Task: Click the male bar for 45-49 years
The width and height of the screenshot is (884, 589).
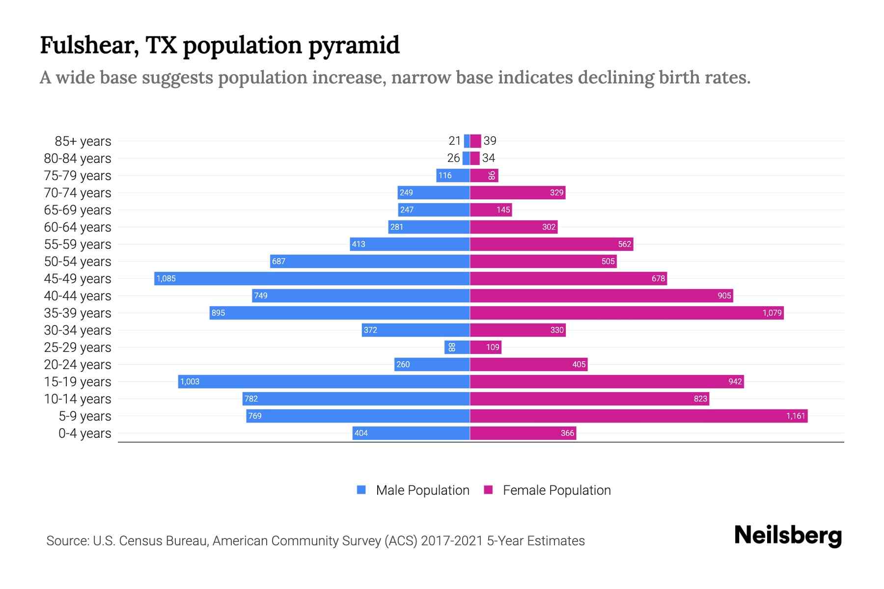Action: (312, 278)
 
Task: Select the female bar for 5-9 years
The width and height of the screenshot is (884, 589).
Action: (638, 416)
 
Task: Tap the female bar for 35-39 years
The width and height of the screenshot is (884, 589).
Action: (627, 313)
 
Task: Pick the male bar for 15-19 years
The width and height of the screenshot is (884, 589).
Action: (324, 381)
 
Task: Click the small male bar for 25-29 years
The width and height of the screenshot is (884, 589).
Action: (457, 347)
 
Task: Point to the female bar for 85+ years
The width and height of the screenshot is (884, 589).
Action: (475, 141)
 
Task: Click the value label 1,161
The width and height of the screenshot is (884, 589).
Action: (796, 416)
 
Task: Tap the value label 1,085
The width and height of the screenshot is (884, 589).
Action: (166, 278)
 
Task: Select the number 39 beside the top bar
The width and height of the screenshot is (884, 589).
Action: (490, 141)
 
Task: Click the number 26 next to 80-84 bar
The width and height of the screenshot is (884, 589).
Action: (453, 158)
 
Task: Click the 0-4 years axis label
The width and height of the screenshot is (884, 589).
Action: (84, 433)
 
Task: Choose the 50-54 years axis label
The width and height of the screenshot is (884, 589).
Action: (78, 262)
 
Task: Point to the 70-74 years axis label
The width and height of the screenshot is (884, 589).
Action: (78, 193)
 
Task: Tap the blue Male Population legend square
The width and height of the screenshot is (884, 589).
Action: (361, 490)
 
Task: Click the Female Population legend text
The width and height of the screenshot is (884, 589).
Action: (556, 490)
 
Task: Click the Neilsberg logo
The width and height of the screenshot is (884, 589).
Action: (788, 535)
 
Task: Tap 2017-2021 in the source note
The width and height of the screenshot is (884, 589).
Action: (452, 541)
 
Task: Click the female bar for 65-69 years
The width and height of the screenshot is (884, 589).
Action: (491, 210)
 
